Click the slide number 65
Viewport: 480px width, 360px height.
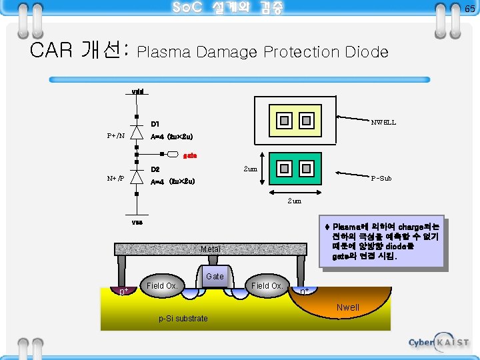(x=469, y=8)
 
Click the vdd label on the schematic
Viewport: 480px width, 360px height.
(x=137, y=91)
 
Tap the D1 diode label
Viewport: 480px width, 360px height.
(x=155, y=124)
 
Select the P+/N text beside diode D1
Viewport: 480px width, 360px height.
(x=115, y=136)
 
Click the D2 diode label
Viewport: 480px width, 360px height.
(x=155, y=169)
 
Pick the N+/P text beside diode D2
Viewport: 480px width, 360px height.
(x=115, y=179)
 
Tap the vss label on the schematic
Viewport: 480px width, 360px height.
(x=137, y=222)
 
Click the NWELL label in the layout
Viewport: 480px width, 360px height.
(x=383, y=122)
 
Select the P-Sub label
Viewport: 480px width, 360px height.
(x=381, y=178)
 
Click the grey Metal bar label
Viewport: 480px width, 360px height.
(x=211, y=249)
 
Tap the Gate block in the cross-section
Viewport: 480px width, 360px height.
(x=215, y=276)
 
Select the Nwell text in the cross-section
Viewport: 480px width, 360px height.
(x=347, y=307)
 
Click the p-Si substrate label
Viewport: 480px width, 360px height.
(x=183, y=319)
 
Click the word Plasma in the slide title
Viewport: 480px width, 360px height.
(x=165, y=51)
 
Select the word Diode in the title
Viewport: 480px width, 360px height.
(x=366, y=51)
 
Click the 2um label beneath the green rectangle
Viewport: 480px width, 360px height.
(x=294, y=201)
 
